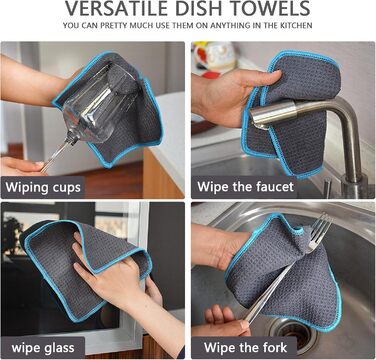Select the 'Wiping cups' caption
click(43, 187)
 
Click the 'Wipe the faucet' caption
click(246, 187)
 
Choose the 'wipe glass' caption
click(43, 348)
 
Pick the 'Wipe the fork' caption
click(245, 348)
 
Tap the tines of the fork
click(319, 227)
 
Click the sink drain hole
click(294, 332)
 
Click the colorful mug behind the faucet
click(215, 58)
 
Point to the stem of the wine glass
click(60, 154)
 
